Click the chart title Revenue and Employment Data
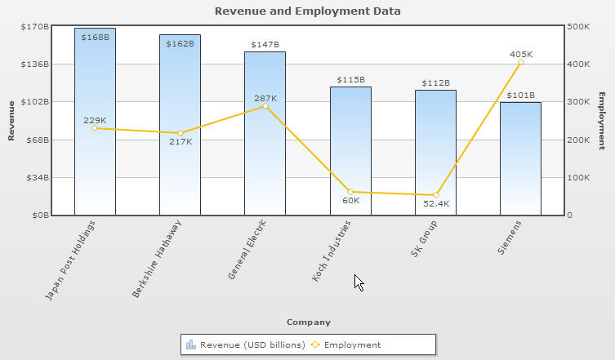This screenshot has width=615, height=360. [x=308, y=11]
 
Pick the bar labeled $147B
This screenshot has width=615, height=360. [x=265, y=163]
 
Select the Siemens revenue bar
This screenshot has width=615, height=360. [x=520, y=163]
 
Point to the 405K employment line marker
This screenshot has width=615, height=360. [x=520, y=62]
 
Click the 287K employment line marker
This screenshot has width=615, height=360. [x=265, y=106]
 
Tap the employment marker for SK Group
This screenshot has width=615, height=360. [x=435, y=195]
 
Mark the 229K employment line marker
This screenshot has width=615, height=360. [x=95, y=128]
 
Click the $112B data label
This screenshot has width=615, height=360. [x=435, y=82]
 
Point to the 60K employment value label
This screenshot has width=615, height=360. [x=350, y=201]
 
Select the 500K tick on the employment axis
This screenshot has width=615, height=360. [x=582, y=26]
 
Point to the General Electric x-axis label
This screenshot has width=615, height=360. [x=247, y=250]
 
